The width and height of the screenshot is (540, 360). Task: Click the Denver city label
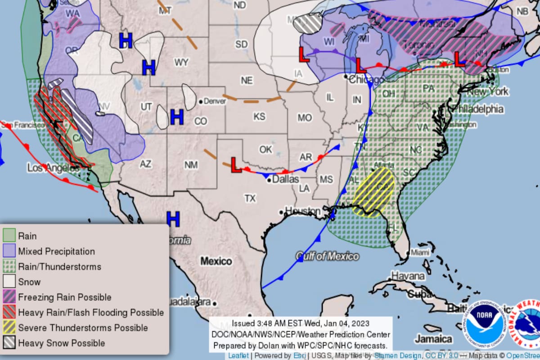click(215, 101)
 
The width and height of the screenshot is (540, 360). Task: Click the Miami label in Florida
click(420, 253)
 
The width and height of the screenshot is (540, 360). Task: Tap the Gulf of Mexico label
click(328, 256)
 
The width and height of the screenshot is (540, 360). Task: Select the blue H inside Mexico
click(173, 219)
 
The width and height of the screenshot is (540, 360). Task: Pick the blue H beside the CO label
click(177, 117)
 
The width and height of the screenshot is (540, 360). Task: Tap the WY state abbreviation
click(181, 62)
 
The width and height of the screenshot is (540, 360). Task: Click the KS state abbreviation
click(259, 117)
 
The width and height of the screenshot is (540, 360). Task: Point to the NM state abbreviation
click(191, 165)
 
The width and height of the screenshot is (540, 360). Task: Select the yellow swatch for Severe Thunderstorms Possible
click(9, 328)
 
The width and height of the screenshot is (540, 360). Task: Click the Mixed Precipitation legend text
click(56, 251)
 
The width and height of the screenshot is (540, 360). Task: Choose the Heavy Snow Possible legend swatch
click(9, 343)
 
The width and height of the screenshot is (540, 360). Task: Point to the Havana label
click(407, 275)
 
